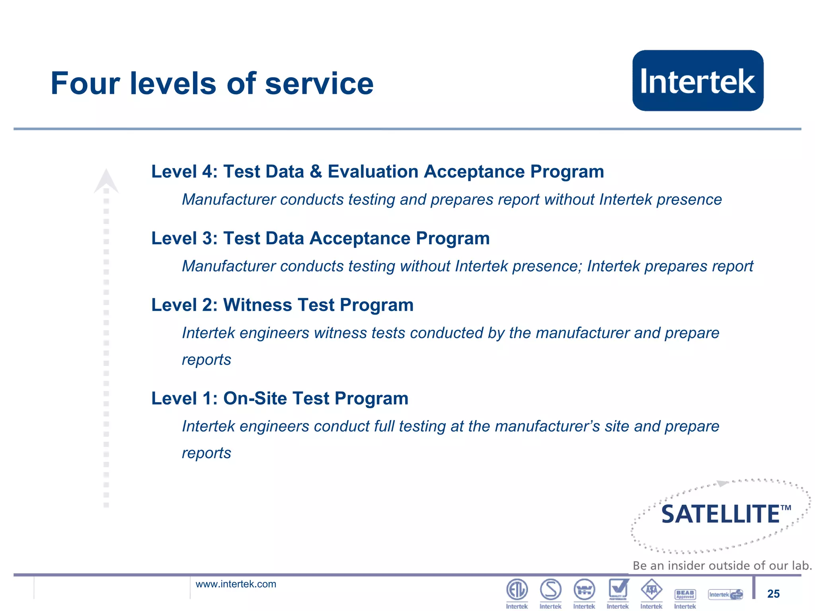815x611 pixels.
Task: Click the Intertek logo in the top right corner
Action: point(698,81)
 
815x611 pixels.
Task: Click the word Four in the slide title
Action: point(85,84)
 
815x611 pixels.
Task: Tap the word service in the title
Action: point(319,84)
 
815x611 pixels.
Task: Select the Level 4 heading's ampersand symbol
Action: point(316,172)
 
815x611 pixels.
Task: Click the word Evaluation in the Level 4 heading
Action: point(372,172)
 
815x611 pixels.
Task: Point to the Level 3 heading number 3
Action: point(207,239)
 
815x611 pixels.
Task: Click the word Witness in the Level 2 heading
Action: point(257,305)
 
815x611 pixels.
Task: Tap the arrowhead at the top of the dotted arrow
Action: point(106,181)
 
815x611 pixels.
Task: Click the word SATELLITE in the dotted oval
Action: point(720,514)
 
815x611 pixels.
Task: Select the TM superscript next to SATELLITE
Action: point(786,508)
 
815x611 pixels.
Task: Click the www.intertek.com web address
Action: point(236,584)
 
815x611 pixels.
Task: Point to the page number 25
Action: point(773,594)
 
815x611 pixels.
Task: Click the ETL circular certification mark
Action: point(517,589)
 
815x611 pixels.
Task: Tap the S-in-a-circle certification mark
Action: point(551,589)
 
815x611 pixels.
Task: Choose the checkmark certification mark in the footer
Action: point(618,589)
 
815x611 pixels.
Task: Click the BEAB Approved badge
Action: point(685,594)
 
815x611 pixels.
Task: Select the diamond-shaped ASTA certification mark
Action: point(651,590)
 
